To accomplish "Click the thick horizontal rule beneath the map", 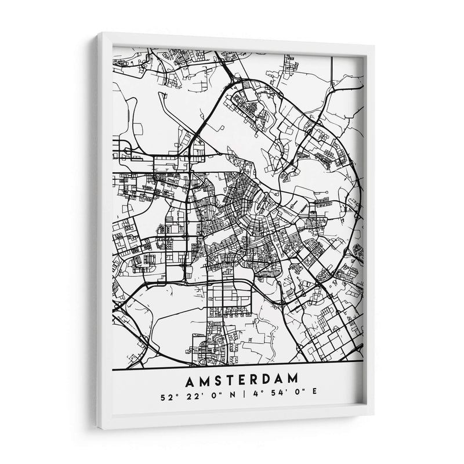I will coord(238,362).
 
